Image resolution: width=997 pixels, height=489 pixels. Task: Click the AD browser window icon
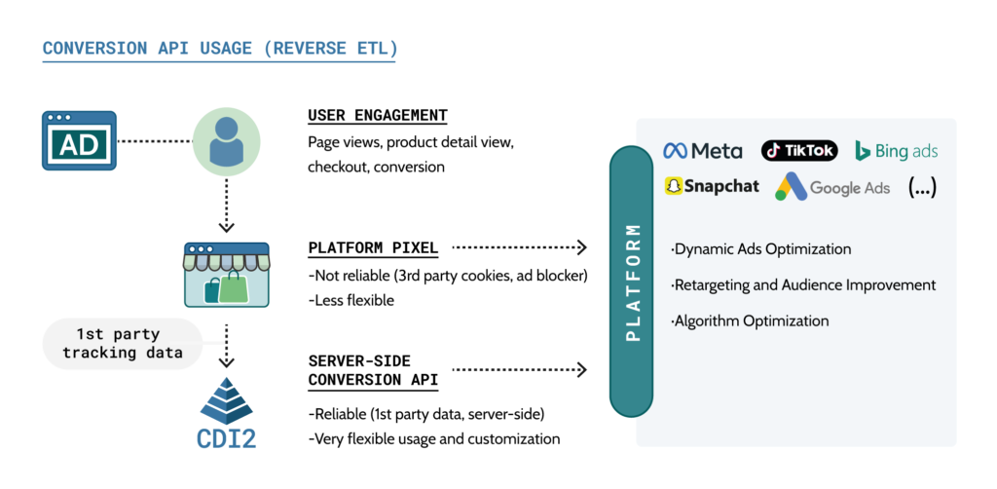[x=79, y=140]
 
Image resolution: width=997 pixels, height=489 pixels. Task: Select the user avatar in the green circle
[x=226, y=141]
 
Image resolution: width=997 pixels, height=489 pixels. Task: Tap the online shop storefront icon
[x=226, y=276]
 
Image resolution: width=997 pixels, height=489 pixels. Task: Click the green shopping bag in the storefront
[x=235, y=288]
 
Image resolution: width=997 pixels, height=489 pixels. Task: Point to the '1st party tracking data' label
[x=123, y=343]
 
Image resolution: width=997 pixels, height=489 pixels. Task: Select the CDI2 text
[x=226, y=438]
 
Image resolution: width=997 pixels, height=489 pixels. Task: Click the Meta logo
[x=702, y=151]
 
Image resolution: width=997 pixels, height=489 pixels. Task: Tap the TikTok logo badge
[x=798, y=150]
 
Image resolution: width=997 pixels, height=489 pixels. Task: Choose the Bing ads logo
[x=896, y=151]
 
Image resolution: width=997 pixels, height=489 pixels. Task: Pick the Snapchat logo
[x=711, y=186]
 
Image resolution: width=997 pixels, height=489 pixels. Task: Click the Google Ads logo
[x=832, y=187]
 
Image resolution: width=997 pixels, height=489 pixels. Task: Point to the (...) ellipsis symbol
[x=921, y=187]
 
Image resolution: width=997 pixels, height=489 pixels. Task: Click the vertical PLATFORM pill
[x=633, y=282]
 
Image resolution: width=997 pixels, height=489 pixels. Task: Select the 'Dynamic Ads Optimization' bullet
[x=760, y=249]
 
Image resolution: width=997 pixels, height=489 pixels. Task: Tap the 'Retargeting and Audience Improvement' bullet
[x=803, y=285]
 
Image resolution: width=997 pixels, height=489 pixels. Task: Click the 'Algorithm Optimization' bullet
[x=750, y=320]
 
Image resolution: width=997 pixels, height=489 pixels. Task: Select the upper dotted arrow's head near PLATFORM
[x=582, y=247]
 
